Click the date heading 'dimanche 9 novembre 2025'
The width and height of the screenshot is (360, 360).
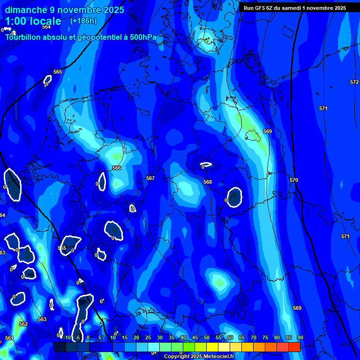point(64,10)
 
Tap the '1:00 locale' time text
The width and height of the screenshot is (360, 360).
point(33,21)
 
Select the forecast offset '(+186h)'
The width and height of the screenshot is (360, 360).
point(83,21)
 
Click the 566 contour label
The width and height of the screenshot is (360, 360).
point(117,168)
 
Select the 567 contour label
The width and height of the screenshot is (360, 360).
point(150,178)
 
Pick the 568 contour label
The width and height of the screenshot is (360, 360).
point(208,182)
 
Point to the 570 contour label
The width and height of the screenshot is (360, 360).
point(294,180)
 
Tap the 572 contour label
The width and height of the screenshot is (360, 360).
point(354,82)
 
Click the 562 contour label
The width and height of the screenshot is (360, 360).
point(23,324)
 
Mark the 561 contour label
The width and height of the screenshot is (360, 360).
point(9,338)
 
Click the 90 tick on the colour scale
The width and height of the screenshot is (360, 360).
point(300,337)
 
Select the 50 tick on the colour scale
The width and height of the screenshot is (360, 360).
point(206,337)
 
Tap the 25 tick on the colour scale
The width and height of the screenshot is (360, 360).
point(148,337)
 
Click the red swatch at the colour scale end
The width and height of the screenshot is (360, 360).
point(294,347)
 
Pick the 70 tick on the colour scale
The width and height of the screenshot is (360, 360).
point(253,337)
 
